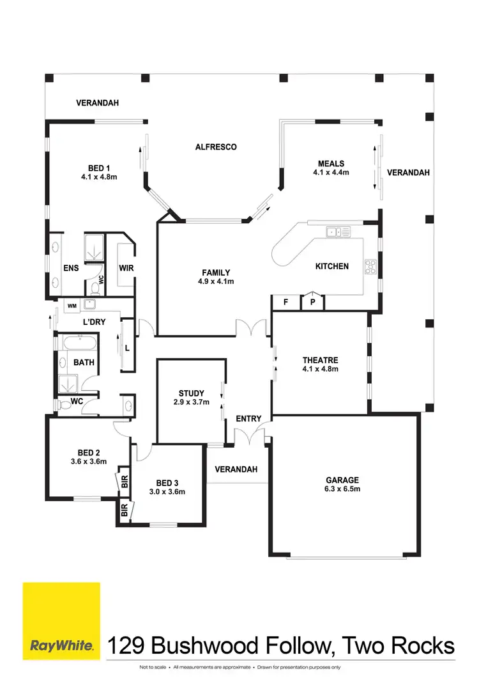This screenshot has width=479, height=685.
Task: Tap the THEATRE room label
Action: click(320, 360)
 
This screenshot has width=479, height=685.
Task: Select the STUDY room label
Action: click(192, 393)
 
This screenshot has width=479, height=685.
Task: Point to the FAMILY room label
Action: click(217, 272)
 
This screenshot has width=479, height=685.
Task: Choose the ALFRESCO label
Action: click(216, 147)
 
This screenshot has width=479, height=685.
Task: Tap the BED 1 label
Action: click(99, 168)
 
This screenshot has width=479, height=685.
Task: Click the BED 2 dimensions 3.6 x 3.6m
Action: click(88, 461)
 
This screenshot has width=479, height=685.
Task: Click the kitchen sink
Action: click(335, 232)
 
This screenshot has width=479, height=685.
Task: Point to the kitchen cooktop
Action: click(371, 265)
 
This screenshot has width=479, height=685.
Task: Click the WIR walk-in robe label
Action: click(126, 268)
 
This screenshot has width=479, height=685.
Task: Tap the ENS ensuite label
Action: click(71, 268)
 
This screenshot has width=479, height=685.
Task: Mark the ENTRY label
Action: click(248, 419)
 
